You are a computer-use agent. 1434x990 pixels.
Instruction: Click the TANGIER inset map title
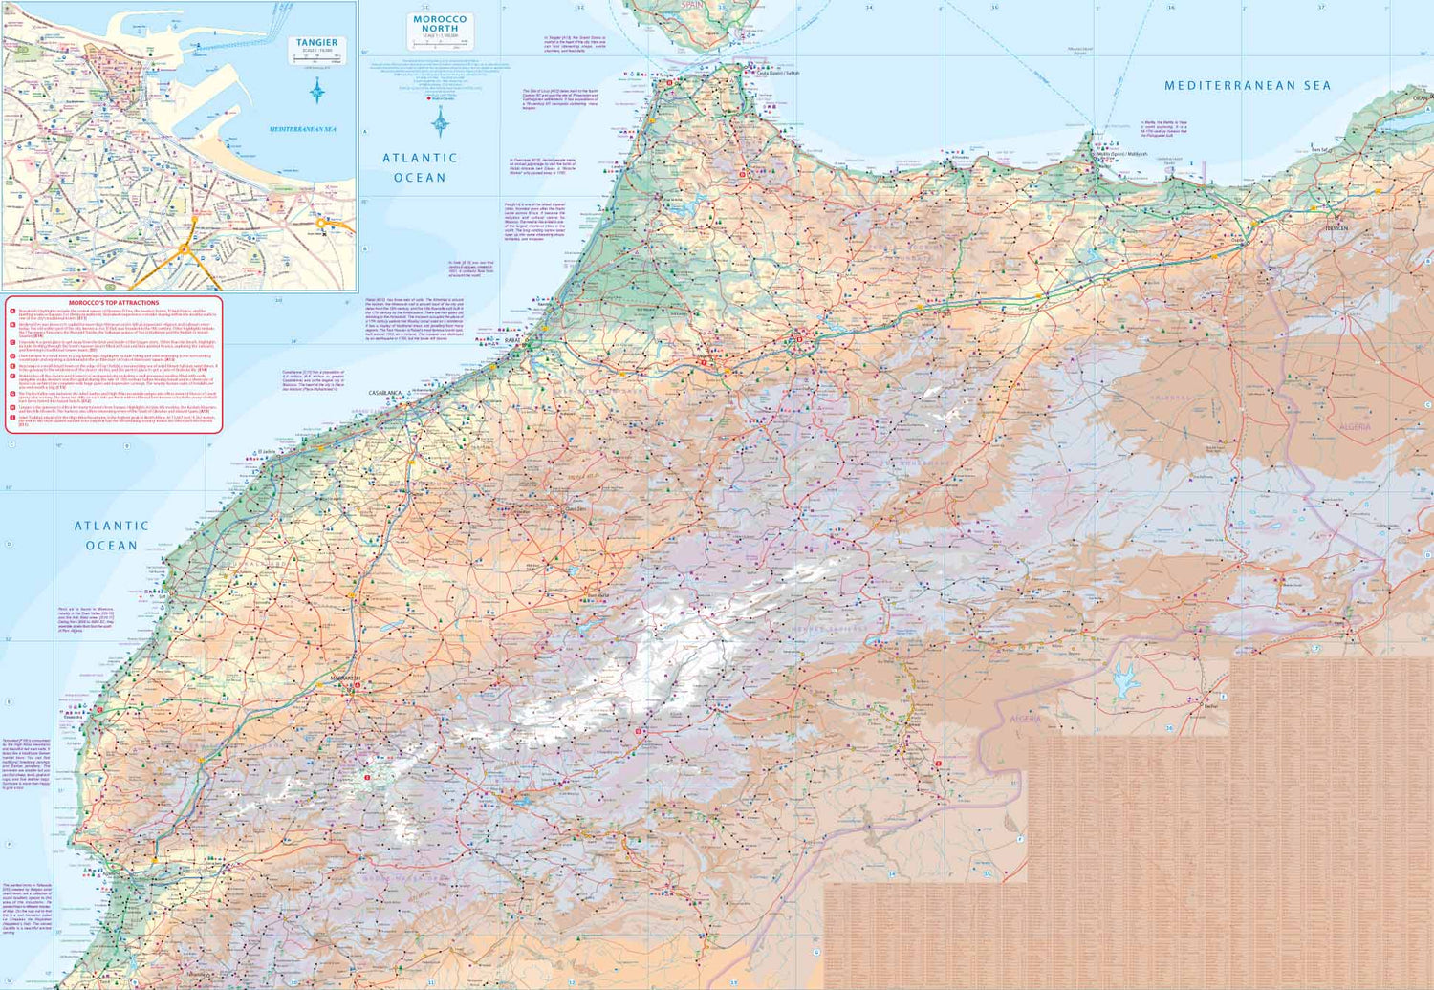click(x=316, y=43)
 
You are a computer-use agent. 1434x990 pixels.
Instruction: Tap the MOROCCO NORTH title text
click(x=440, y=24)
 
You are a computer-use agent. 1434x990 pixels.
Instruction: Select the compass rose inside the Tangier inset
click(x=317, y=92)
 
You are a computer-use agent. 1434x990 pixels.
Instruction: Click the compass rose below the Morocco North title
click(x=440, y=122)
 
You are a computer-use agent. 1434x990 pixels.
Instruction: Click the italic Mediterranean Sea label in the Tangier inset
click(x=302, y=129)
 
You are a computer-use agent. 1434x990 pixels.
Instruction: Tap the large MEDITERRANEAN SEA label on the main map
click(x=1247, y=86)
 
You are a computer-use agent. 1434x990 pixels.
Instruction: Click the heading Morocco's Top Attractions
click(x=114, y=303)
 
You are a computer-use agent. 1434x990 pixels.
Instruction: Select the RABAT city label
click(x=513, y=340)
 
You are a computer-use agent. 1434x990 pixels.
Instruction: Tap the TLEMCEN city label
click(x=1336, y=228)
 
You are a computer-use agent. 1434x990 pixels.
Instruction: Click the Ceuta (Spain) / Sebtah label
click(x=777, y=73)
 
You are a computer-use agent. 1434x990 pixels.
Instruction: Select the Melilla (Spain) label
click(x=1121, y=154)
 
